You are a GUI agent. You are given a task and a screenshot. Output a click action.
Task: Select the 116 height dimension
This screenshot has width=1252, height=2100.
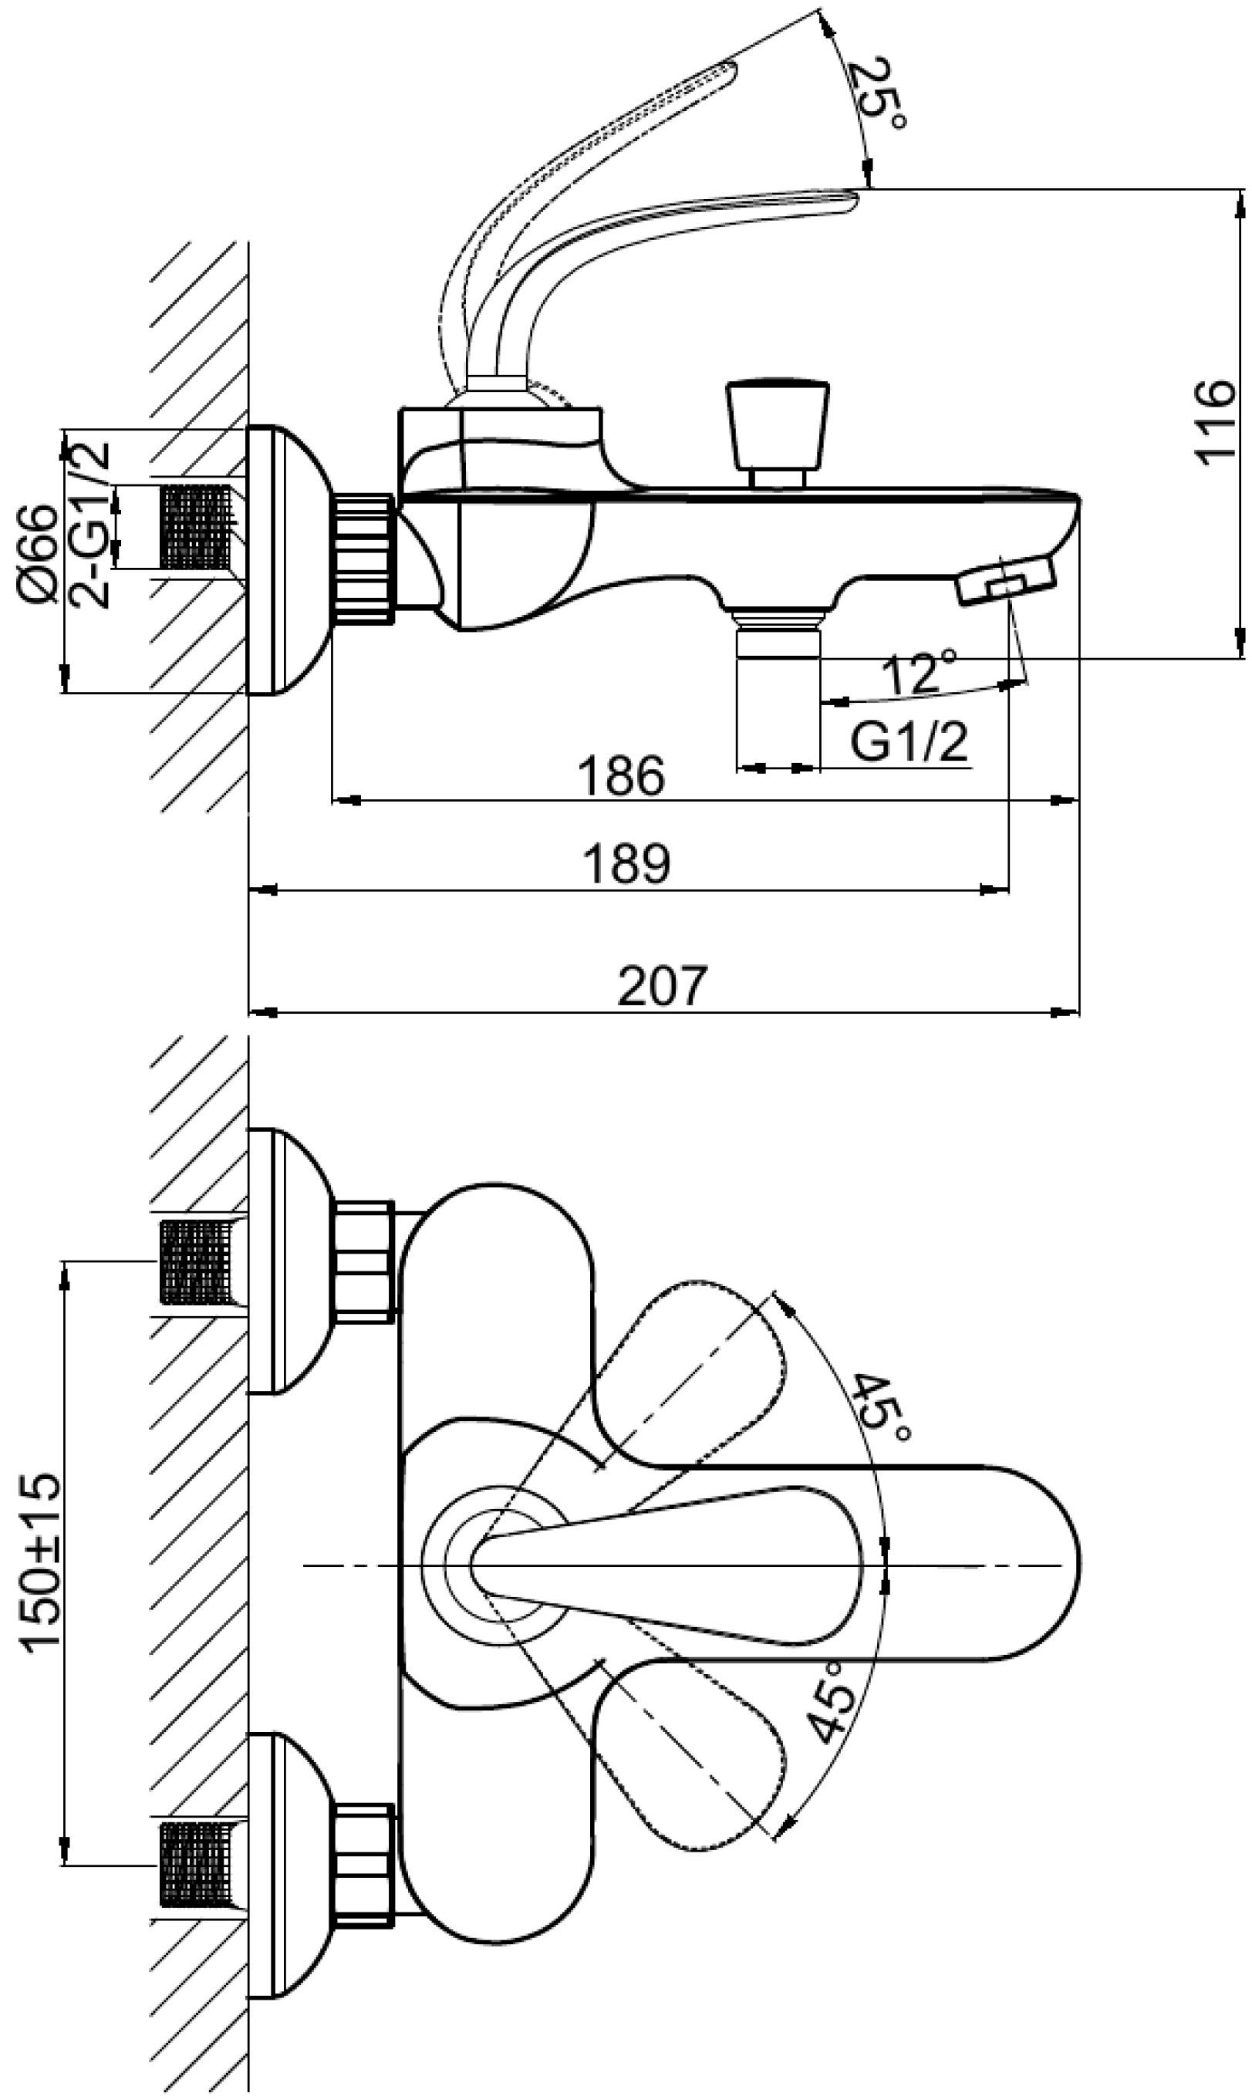[x=1215, y=423]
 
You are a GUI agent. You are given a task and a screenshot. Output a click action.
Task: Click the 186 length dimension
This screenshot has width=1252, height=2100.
[x=622, y=776]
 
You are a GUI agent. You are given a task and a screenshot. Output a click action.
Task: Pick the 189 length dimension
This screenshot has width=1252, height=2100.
[x=627, y=864]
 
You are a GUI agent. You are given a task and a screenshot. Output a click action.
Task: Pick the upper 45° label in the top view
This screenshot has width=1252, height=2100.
[x=881, y=1408]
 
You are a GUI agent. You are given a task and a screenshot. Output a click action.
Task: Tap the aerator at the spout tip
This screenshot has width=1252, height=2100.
[x=1006, y=582]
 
